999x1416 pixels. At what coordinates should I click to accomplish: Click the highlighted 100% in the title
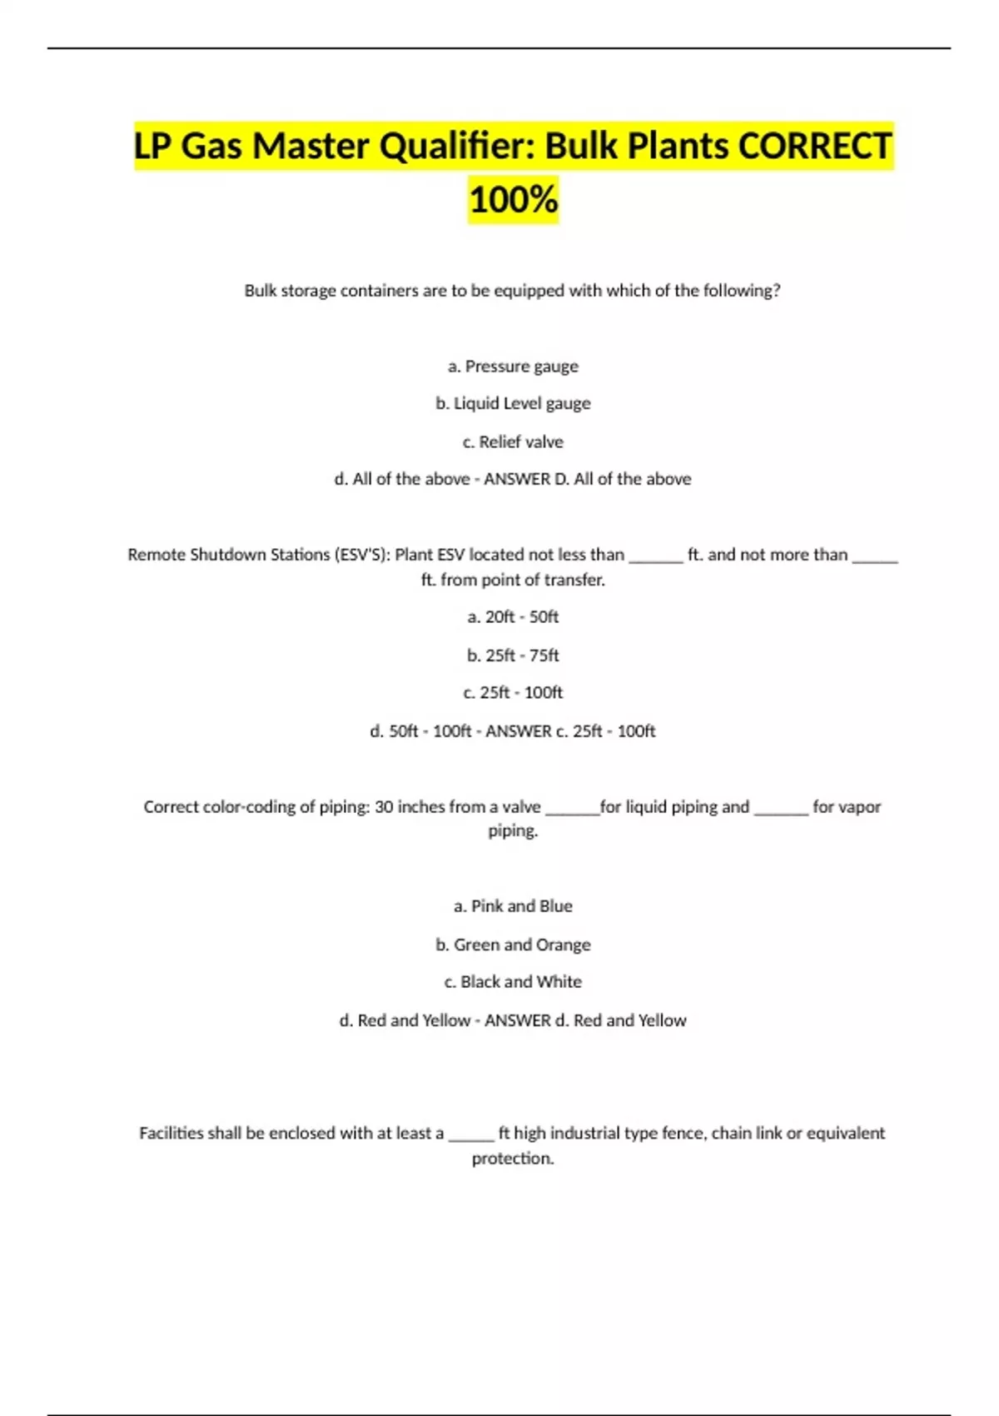[x=513, y=200]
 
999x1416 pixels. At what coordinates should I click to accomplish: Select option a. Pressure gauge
[x=513, y=366]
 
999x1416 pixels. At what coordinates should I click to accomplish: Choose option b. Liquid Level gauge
[x=513, y=403]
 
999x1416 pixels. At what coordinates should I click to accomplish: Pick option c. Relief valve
[x=513, y=441]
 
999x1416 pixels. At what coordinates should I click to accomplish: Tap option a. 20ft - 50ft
[x=513, y=617]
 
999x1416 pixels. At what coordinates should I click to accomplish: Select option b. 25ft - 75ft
[x=513, y=656]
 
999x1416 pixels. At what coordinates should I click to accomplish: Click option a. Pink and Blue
[x=513, y=906]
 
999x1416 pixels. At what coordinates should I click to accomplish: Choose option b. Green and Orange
[x=513, y=945]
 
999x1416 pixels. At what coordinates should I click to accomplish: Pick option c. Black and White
[x=513, y=982]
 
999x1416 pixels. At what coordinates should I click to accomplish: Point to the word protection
[x=512, y=1159]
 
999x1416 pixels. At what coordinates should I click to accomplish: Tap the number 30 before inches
[x=384, y=807]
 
